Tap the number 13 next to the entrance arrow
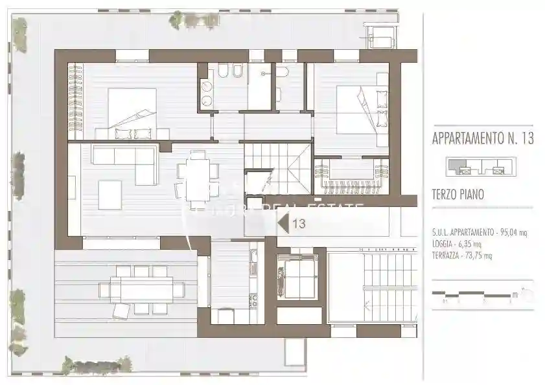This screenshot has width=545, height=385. pos(299,224)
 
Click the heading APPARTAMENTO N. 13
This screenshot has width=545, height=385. pos(483,139)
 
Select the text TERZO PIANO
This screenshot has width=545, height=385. pos(459,193)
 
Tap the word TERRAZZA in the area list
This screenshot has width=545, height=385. pos(446,255)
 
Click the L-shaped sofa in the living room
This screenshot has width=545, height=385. pos(126,160)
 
